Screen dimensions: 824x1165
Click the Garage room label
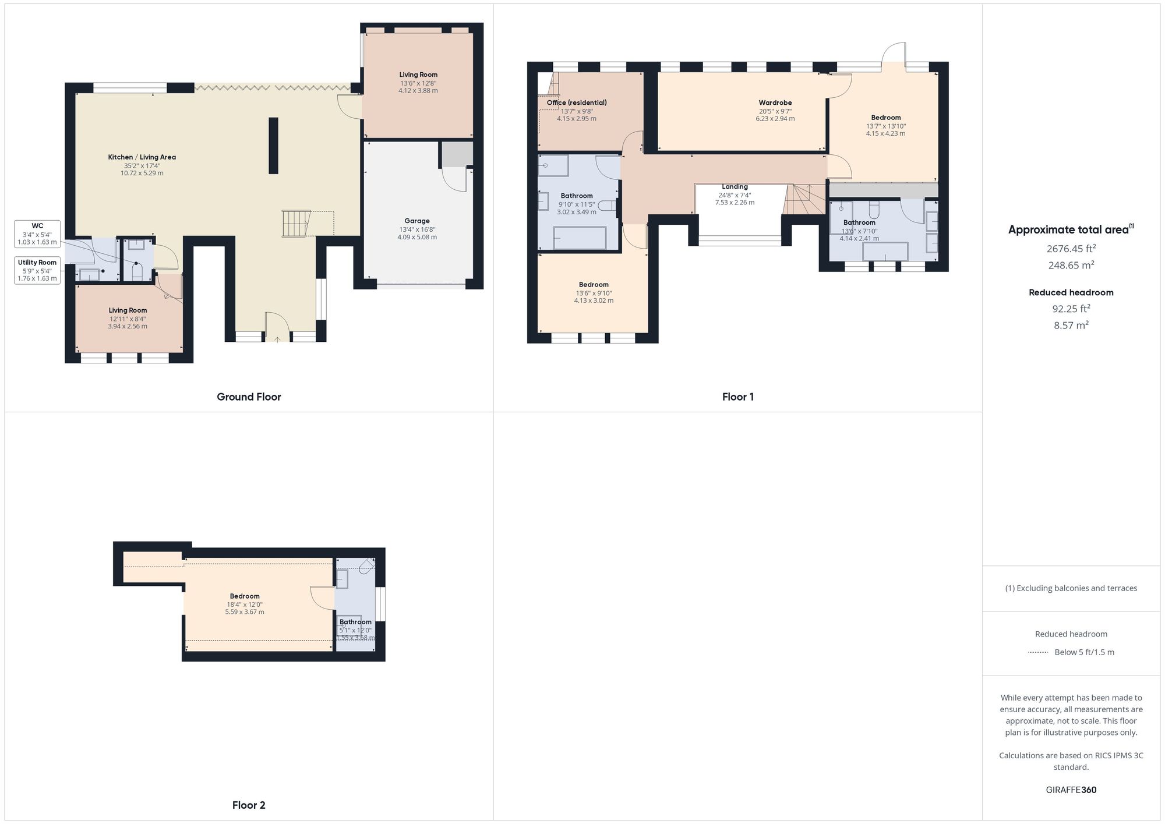417,221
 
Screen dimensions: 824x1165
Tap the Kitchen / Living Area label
142,157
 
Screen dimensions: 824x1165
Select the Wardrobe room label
775,103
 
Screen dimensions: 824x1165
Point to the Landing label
735,187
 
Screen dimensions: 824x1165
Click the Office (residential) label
576,103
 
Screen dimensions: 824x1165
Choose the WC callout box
37,234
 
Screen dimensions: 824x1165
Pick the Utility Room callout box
37,270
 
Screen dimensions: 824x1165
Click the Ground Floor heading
249,397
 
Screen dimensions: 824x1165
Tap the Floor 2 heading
249,805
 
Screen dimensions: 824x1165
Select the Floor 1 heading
737,397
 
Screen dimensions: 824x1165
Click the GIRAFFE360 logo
1071,790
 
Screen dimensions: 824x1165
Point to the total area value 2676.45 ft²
1071,249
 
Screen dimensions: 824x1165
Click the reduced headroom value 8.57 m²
1071,326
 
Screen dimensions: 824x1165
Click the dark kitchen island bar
273,146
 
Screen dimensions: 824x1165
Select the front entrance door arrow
277,339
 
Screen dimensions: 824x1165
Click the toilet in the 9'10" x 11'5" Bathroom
607,205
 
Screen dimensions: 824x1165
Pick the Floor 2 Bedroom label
245,596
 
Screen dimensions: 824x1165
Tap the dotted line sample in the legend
1038,652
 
